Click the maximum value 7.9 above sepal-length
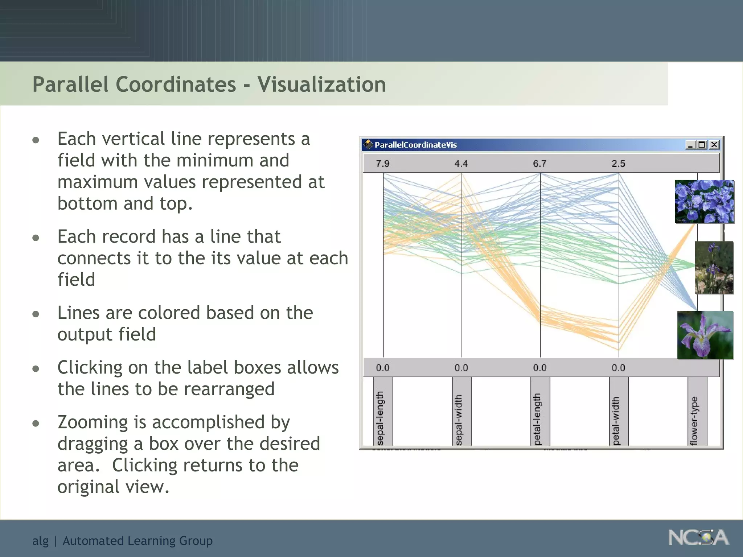(x=382, y=164)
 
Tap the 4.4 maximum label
(x=461, y=164)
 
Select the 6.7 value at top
(x=539, y=164)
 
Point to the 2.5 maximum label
(x=618, y=164)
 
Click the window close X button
(x=714, y=145)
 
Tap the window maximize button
(x=702, y=145)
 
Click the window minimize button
(x=690, y=145)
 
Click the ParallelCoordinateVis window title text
(x=415, y=145)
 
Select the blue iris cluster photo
(x=704, y=201)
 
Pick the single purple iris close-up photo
(x=705, y=335)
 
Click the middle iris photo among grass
(x=714, y=268)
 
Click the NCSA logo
(x=698, y=538)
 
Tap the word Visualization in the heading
(x=321, y=84)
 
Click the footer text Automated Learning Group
(x=137, y=541)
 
